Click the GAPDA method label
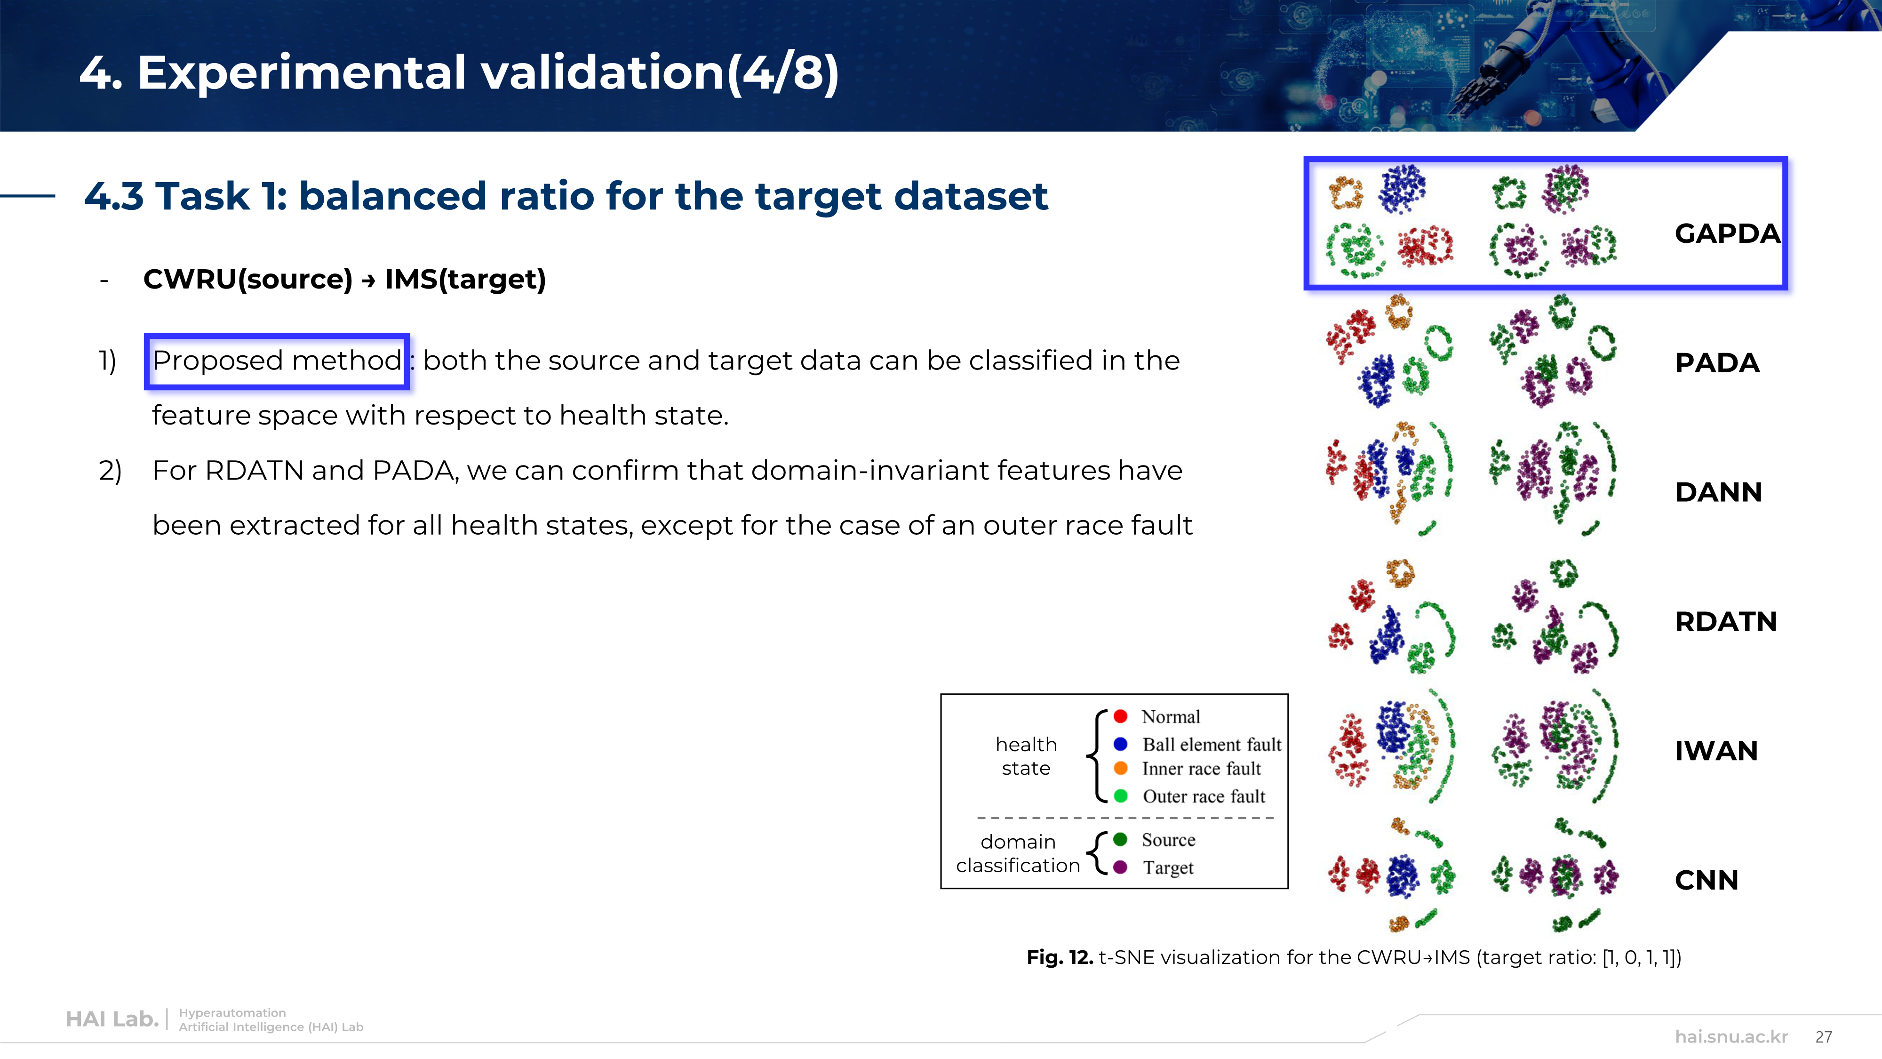pos(1727,234)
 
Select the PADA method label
pos(1717,363)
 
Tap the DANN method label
pos(1718,493)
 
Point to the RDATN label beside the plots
pos(1726,622)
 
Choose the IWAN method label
pos(1716,751)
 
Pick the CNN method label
pos(1707,881)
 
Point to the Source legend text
pos(1169,840)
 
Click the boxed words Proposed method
pos(277,361)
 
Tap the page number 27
pos(1824,1037)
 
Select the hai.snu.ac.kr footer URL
pos(1731,1037)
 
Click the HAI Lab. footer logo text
pos(112,1019)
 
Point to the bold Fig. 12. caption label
pos(1060,957)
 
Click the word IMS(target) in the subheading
pos(465,279)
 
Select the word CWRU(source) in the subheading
pos(248,279)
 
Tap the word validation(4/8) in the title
pos(659,73)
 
